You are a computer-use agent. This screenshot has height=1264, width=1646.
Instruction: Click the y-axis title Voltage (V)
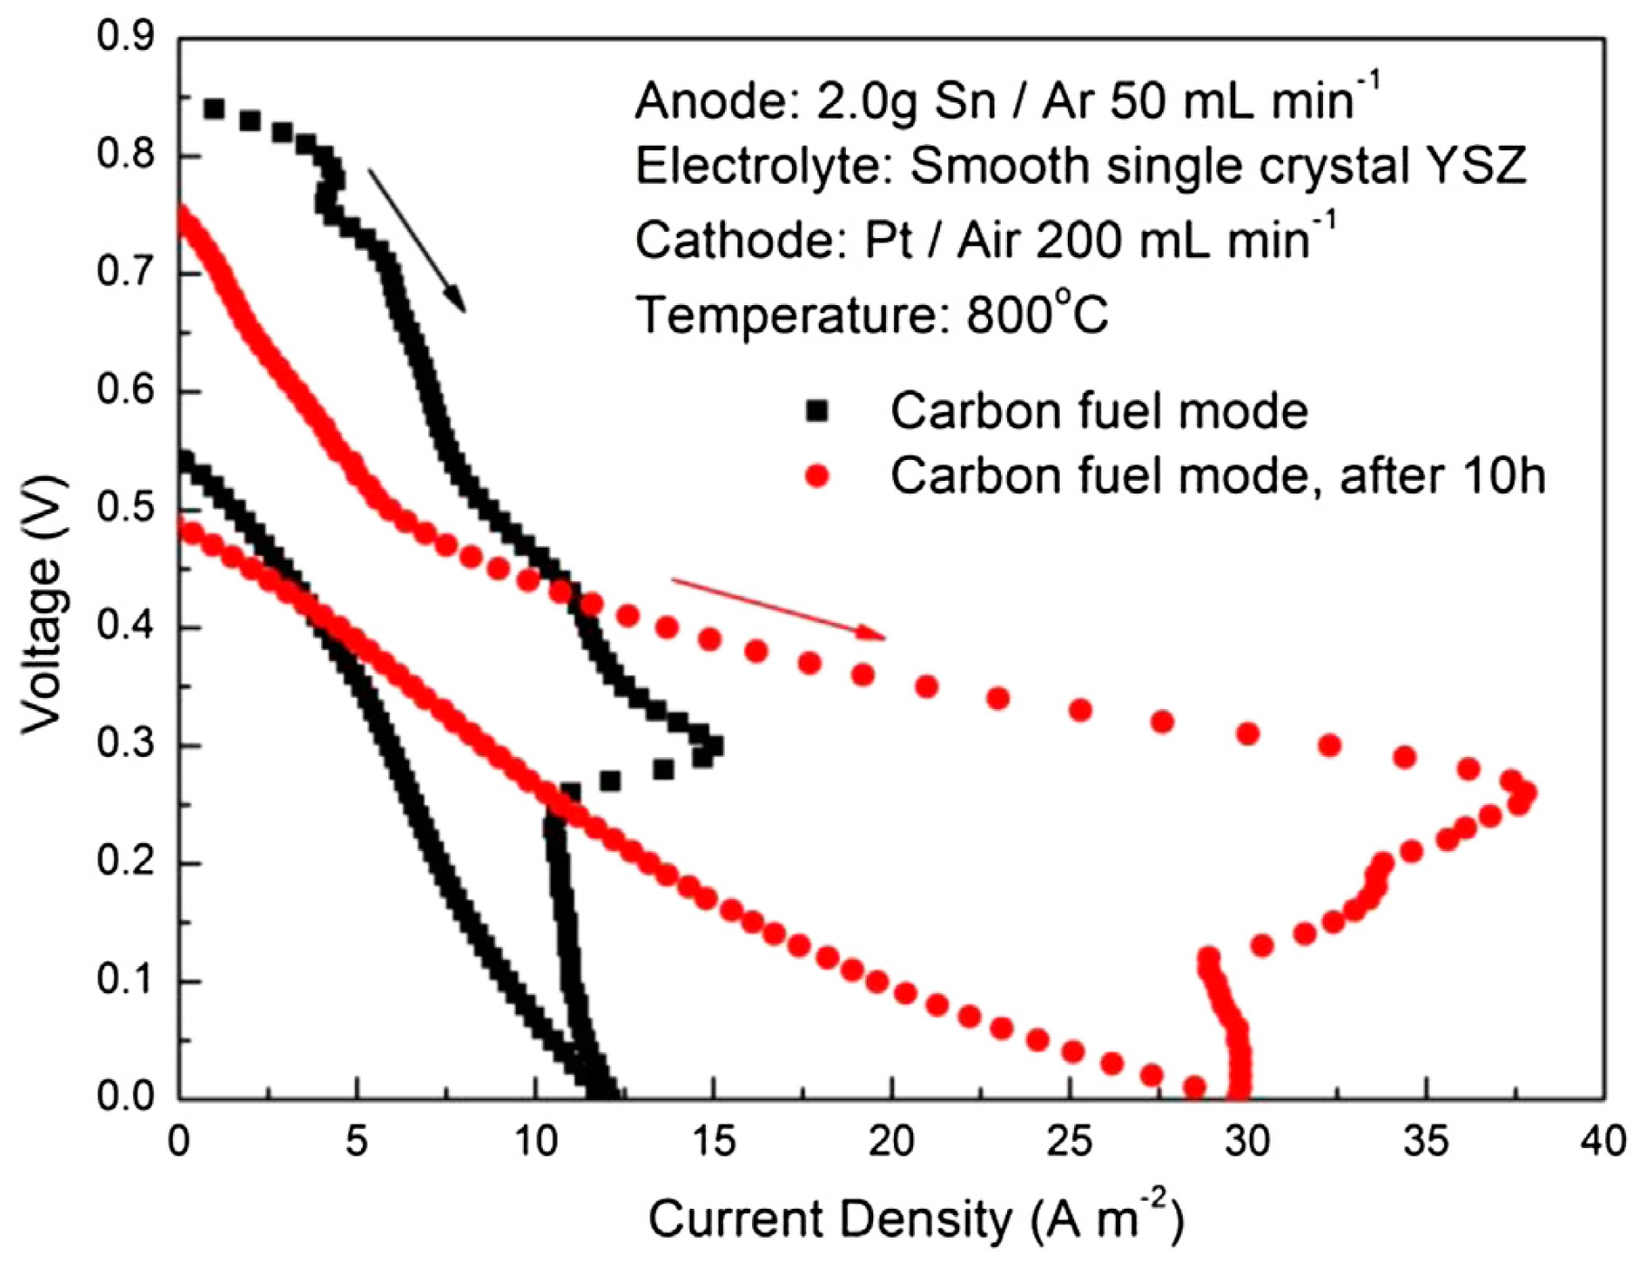pyautogui.click(x=43, y=603)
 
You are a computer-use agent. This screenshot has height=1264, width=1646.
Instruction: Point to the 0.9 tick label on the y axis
pyautogui.click(x=125, y=37)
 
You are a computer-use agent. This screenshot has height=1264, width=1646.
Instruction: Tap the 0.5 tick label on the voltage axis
pyautogui.click(x=125, y=510)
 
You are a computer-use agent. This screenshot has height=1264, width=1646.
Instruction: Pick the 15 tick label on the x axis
pyautogui.click(x=714, y=1143)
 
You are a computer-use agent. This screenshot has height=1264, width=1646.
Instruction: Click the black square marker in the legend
pyautogui.click(x=817, y=411)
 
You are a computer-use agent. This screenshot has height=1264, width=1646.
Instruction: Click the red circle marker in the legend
pyautogui.click(x=817, y=476)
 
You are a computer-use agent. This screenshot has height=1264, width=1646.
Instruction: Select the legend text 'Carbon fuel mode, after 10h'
pyautogui.click(x=1217, y=476)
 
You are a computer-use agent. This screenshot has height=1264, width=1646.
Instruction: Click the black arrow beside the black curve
pyautogui.click(x=416, y=240)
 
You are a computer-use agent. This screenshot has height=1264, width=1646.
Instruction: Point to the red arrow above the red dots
pyautogui.click(x=778, y=609)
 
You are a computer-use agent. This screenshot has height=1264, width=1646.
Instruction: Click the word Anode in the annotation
pyautogui.click(x=693, y=101)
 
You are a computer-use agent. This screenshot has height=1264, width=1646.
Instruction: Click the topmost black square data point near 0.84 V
pyautogui.click(x=214, y=110)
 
